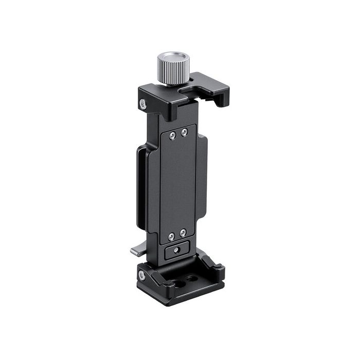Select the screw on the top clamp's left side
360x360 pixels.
pyautogui.click(x=143, y=104)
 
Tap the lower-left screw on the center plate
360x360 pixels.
pyautogui.click(x=172, y=237)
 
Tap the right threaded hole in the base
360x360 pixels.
pyautogui.click(x=192, y=278)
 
